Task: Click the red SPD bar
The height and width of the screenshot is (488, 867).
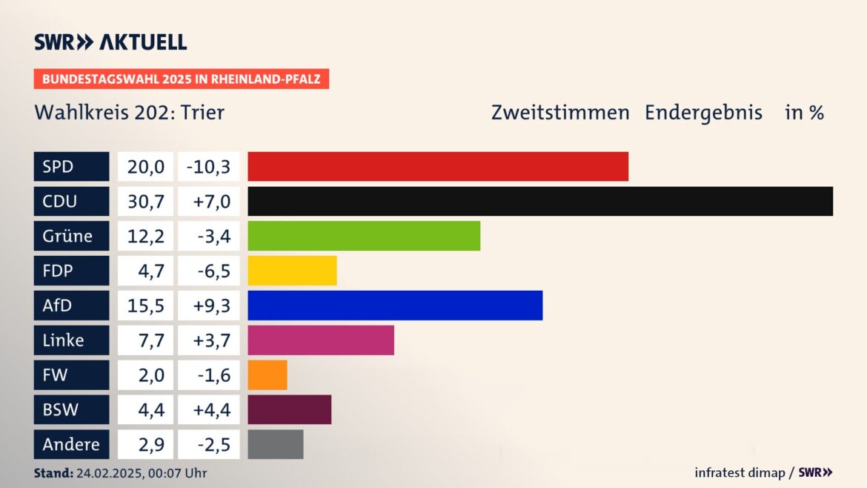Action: pyautogui.click(x=437, y=167)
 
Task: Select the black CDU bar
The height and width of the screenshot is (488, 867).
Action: pyautogui.click(x=539, y=201)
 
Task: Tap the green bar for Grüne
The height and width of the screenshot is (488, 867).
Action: pyautogui.click(x=363, y=236)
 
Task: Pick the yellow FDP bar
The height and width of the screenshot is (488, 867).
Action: pyautogui.click(x=292, y=271)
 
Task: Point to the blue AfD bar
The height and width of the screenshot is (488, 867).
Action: pyautogui.click(x=394, y=306)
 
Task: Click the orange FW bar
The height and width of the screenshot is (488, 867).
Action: pyautogui.click(x=267, y=375)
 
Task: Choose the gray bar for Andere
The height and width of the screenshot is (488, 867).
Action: pyautogui.click(x=275, y=444)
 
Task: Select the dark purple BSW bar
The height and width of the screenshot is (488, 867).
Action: pyautogui.click(x=289, y=409)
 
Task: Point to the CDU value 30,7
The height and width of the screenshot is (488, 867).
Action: pyautogui.click(x=145, y=201)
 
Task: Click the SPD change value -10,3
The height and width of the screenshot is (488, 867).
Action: pyautogui.click(x=208, y=167)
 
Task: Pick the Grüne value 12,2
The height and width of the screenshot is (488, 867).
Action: pyautogui.click(x=145, y=236)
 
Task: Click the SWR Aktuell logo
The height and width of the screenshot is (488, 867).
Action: pyautogui.click(x=110, y=42)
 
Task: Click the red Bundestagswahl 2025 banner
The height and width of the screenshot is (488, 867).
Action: pyautogui.click(x=181, y=79)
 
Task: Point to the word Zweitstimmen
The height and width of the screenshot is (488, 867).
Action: pyautogui.click(x=559, y=113)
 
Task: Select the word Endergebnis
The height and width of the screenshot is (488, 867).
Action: pyautogui.click(x=703, y=113)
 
